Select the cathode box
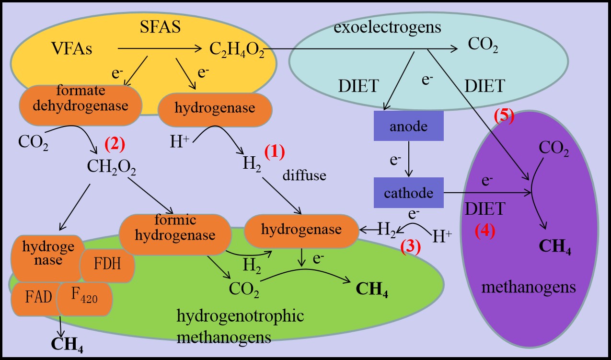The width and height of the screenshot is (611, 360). [x=408, y=193]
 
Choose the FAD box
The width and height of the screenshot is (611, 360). [x=38, y=298]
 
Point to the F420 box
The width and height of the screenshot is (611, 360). [x=84, y=298]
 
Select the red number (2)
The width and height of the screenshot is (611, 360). [x=115, y=143]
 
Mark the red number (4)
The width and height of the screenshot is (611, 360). [x=484, y=231]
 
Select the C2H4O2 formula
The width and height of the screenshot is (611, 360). [x=237, y=49]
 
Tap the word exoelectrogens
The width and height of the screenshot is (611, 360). [x=388, y=27]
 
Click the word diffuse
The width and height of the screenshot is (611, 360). [x=304, y=175]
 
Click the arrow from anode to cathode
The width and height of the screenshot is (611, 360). [x=408, y=160]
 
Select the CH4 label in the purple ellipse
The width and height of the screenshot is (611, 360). [x=555, y=247]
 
